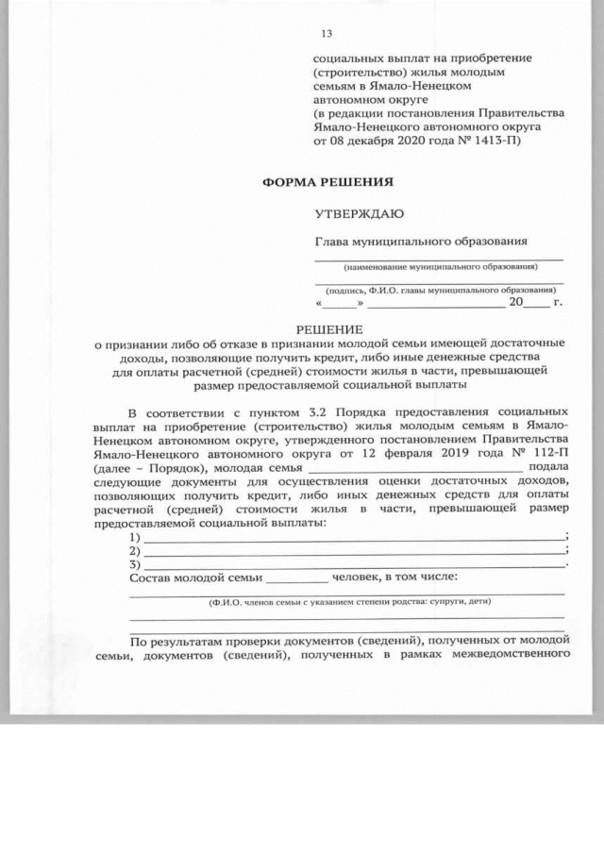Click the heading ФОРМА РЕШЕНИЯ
[x=327, y=180]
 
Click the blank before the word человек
[x=297, y=578]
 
